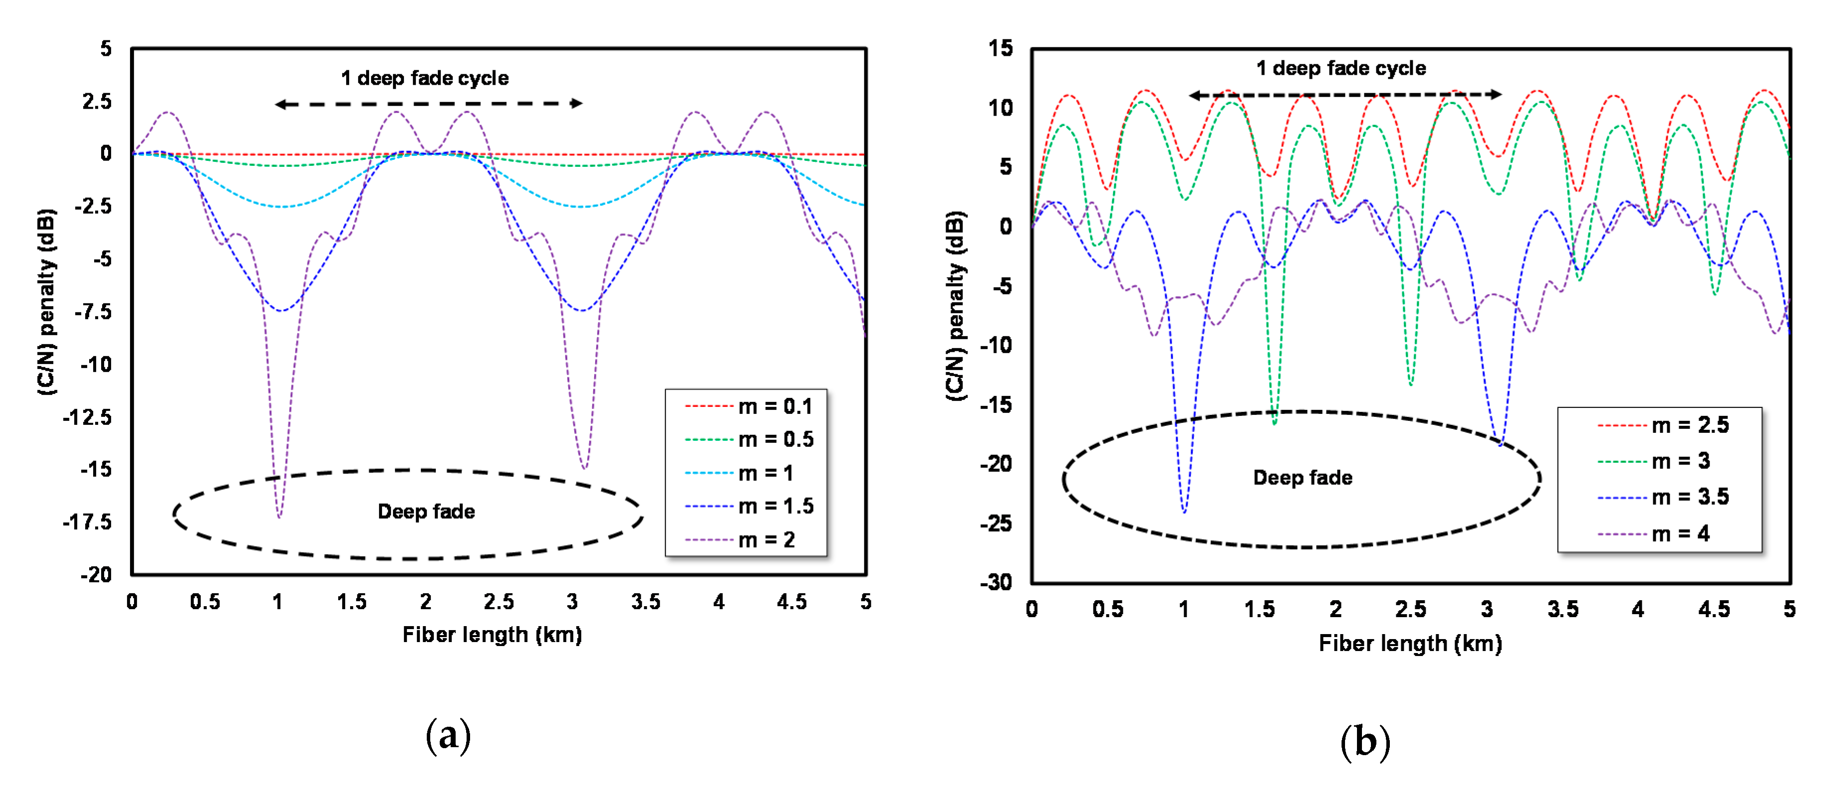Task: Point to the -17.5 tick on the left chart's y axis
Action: [x=87, y=522]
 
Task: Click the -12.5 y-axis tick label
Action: [x=87, y=416]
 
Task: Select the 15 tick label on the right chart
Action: [x=1000, y=49]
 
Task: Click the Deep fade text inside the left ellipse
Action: [x=426, y=512]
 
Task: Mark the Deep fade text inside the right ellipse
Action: [x=1302, y=477]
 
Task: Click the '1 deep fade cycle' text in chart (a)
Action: [x=424, y=78]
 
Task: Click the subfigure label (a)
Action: [x=448, y=735]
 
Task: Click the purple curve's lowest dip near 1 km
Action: [x=279, y=516]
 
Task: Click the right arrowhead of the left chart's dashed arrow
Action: [x=577, y=104]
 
